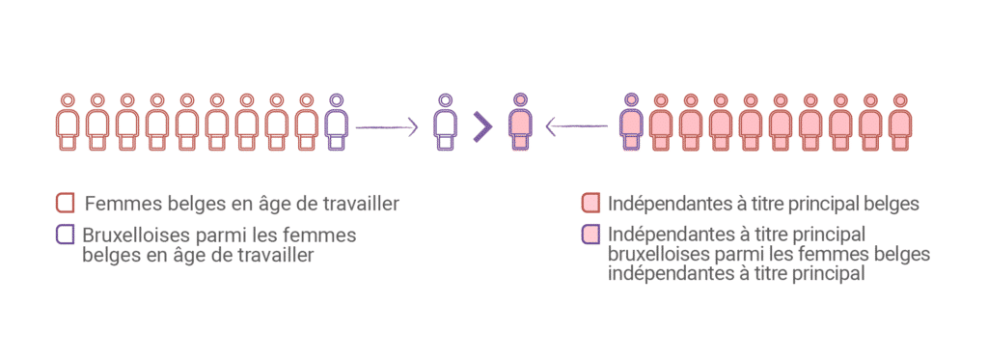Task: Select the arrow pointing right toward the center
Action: pos(386,126)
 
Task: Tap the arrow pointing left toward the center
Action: pos(577,126)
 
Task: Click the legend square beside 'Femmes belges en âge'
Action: pos(66,204)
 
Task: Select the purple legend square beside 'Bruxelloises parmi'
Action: pos(66,234)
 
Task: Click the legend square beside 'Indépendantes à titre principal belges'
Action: pos(591,204)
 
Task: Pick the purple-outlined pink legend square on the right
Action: pos(591,234)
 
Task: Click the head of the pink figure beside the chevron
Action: pos(519,98)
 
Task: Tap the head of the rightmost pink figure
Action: pos(899,98)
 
